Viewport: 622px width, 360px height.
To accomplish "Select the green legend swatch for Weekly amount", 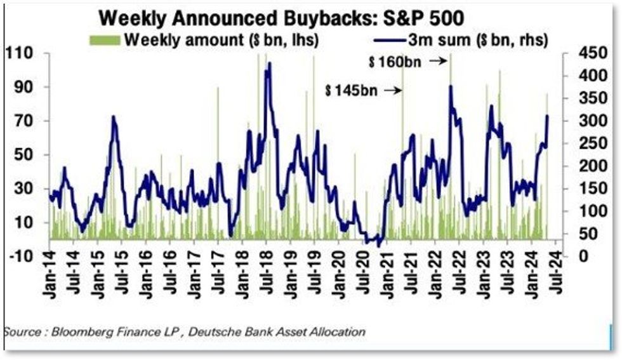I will click(104, 40).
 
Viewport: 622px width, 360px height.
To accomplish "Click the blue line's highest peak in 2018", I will click(270, 63).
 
